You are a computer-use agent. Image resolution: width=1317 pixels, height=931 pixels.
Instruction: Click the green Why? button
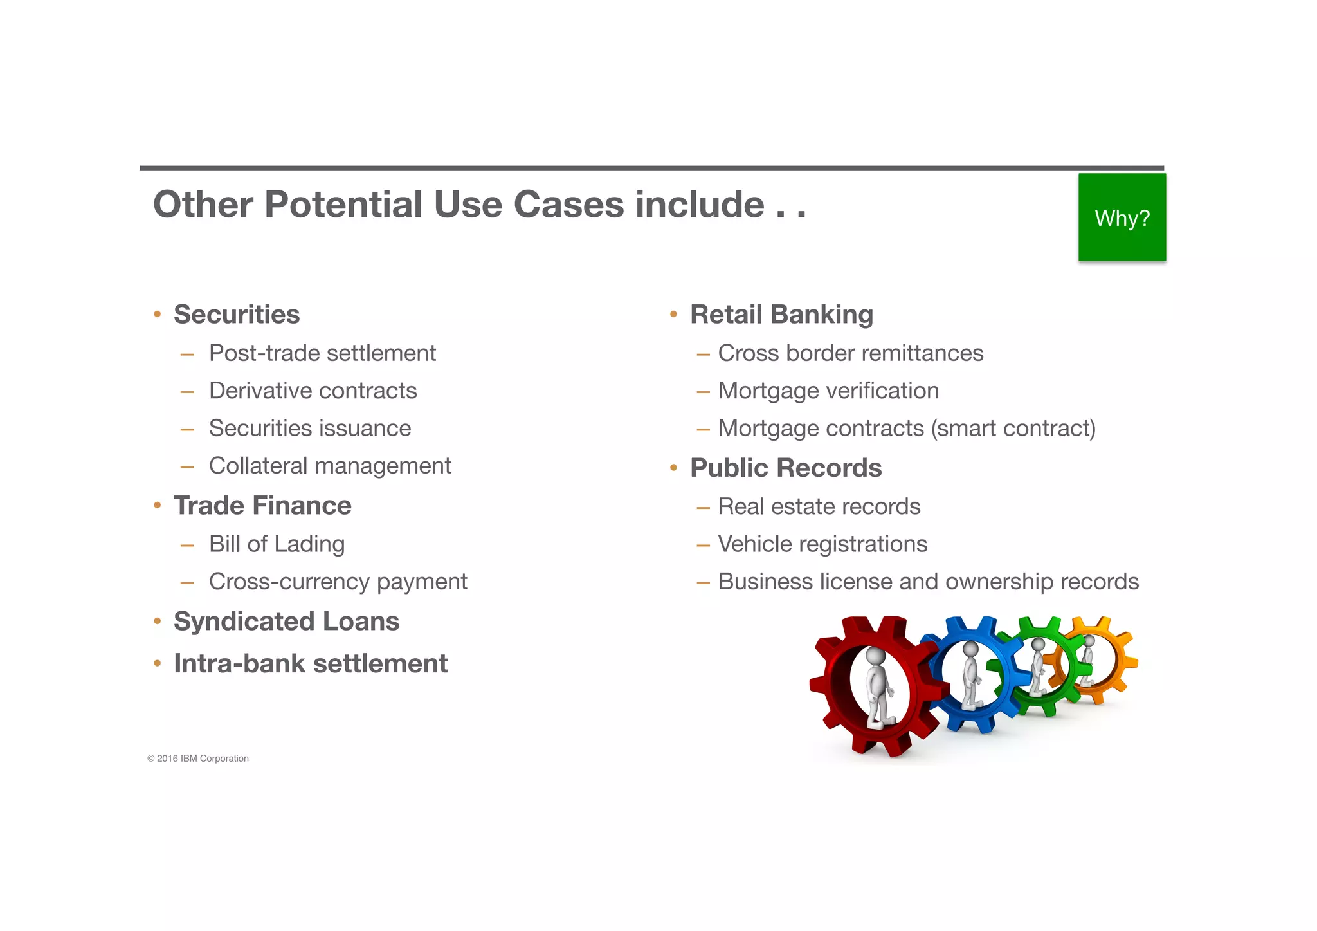1122,217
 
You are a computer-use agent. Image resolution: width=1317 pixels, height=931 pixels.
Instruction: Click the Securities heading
237,315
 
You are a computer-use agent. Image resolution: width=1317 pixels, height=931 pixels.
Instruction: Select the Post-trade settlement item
322,353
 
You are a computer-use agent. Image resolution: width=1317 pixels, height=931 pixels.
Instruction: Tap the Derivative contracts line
313,391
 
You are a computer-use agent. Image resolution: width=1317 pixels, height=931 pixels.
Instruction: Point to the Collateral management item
330,466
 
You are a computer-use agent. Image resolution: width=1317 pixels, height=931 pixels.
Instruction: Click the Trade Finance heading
262,506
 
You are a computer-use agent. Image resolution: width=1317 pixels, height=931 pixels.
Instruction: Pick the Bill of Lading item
277,544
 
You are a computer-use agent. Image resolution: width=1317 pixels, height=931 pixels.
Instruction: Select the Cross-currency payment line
338,582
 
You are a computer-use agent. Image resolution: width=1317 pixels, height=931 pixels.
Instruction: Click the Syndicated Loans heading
286,622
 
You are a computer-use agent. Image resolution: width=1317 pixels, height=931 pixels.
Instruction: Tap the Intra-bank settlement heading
311,664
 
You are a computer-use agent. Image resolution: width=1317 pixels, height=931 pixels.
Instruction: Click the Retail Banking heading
781,315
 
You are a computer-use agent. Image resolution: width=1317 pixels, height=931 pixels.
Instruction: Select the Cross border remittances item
850,353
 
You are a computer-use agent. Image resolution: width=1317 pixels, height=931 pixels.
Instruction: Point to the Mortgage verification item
828,391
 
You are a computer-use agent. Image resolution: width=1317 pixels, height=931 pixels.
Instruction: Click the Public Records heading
786,468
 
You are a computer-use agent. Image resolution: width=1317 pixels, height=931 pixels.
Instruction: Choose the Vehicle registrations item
822,544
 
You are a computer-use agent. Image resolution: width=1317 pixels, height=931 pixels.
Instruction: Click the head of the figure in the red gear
875,656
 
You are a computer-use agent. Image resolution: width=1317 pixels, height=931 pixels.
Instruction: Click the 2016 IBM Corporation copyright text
198,759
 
